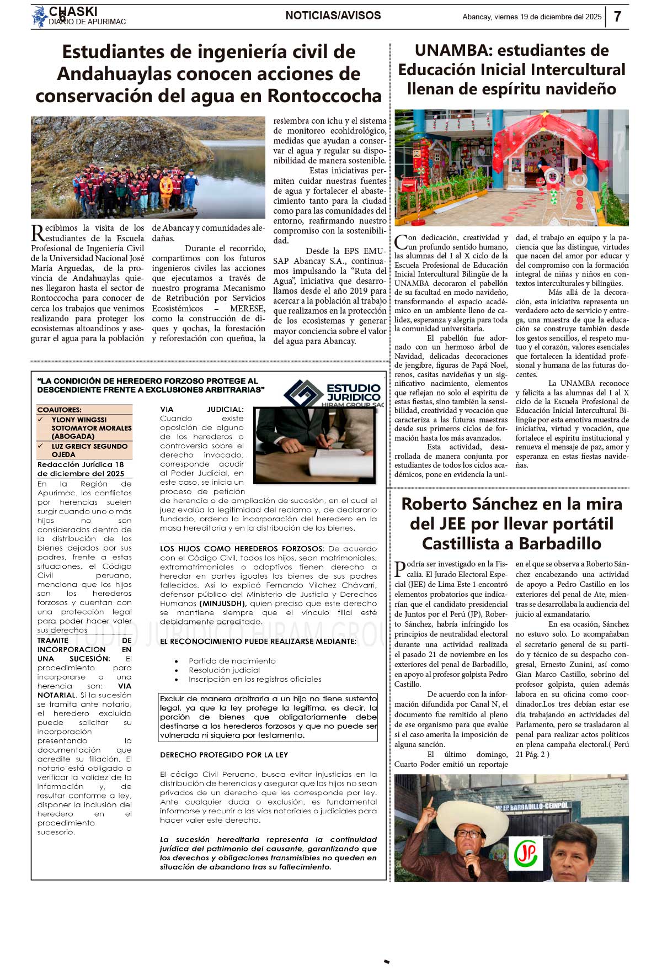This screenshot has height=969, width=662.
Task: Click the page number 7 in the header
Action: coord(617,17)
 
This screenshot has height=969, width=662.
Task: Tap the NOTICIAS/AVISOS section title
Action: coord(333,15)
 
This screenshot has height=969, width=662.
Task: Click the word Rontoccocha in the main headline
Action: coord(324,96)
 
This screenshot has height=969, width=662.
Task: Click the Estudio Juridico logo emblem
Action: coord(303,394)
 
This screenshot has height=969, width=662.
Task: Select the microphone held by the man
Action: coord(471,861)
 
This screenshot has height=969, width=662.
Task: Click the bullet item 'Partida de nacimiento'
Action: coord(232,661)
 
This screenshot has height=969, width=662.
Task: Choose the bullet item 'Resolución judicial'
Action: coord(224,670)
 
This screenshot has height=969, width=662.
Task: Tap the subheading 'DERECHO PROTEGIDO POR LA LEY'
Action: coord(224,755)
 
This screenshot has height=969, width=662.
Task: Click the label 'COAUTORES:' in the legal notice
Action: coord(59,410)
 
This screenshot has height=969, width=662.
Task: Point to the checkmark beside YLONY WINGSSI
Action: coord(41,420)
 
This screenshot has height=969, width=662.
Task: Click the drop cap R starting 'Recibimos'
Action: coord(38,232)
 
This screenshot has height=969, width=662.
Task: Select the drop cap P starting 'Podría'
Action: coord(400,568)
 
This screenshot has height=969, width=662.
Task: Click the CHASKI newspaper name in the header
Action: coord(73,12)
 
